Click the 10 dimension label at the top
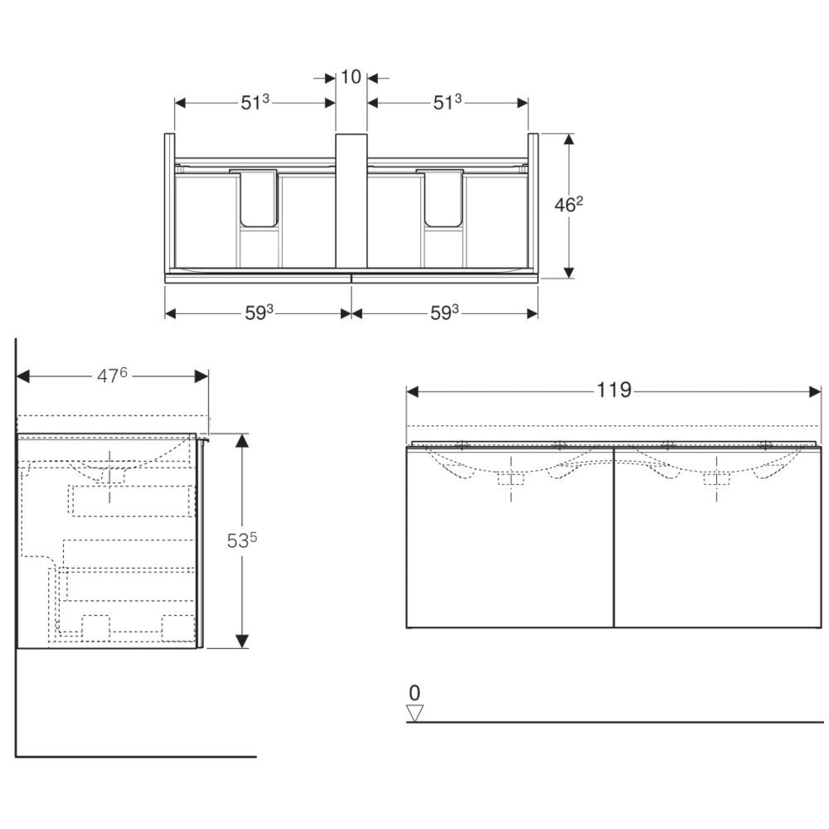(351, 77)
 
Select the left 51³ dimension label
(255, 102)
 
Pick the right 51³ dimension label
(448, 102)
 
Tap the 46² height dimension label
(569, 204)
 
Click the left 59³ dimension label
(259, 313)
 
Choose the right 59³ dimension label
(444, 313)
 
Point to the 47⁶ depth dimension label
(112, 376)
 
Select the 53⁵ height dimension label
(242, 541)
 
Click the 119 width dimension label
(613, 390)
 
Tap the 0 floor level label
(414, 692)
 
